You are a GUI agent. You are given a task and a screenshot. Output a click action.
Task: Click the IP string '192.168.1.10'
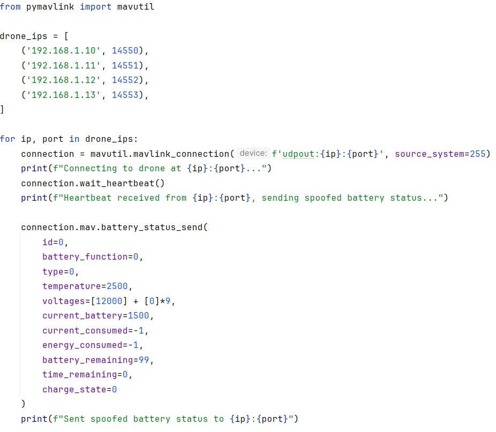tap(64, 51)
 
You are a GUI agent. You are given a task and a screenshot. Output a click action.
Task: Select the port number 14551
tap(125, 65)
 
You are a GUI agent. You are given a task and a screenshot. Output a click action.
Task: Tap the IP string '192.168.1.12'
tap(64, 80)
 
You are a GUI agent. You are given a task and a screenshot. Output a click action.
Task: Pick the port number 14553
tap(125, 95)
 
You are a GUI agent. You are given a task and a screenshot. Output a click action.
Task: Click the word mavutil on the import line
tap(136, 6)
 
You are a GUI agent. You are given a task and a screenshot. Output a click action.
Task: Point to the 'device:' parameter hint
tap(253, 154)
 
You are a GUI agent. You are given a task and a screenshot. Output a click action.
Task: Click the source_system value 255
tap(478, 154)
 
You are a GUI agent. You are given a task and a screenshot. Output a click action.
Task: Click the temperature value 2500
tap(117, 286)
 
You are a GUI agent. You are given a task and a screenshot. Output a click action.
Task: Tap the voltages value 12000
tap(109, 301)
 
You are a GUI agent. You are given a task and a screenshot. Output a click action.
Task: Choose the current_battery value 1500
tap(138, 315)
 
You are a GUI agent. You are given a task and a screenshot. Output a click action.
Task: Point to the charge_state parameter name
tap(74, 389)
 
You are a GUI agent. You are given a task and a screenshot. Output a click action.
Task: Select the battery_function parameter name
tap(85, 256)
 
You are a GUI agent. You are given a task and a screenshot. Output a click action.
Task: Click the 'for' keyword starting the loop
tap(7, 139)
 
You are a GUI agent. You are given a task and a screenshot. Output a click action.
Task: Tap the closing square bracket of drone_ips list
tap(2, 110)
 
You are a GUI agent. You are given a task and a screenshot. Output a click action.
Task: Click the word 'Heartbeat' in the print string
tap(88, 198)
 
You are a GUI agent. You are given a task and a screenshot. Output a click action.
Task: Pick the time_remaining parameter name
tap(80, 375)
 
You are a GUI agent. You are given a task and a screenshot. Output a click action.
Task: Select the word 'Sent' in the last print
tap(74, 419)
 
